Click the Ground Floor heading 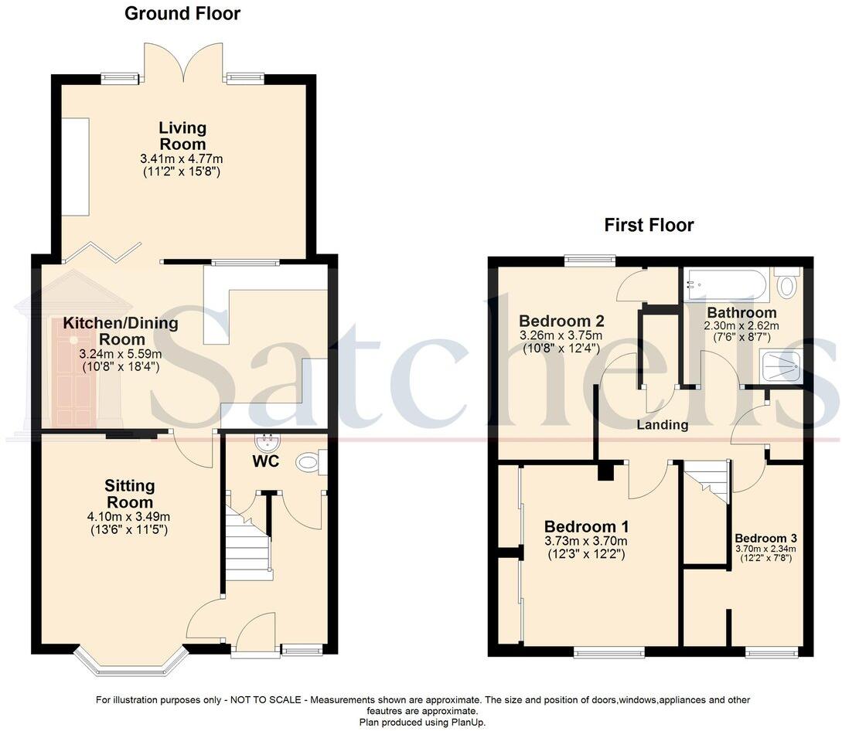(x=182, y=13)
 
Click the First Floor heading (x=649, y=225)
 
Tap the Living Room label (x=182, y=136)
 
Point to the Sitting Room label (x=130, y=494)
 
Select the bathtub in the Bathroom (x=727, y=286)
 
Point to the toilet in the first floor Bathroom (x=787, y=285)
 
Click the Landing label (x=663, y=425)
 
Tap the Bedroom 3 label (x=765, y=538)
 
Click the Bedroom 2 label (x=561, y=321)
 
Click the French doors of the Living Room (x=182, y=65)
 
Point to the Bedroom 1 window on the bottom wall (x=609, y=653)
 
